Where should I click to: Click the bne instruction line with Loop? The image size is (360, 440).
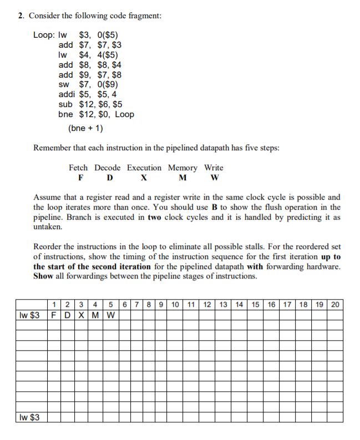[x=95, y=115]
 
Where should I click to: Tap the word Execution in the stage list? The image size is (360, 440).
[x=144, y=168]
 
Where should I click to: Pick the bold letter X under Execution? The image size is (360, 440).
[x=144, y=178]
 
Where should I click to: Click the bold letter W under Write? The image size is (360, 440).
[x=215, y=178]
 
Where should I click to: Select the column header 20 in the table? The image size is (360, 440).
[x=336, y=304]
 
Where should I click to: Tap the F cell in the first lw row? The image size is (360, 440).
[x=53, y=316]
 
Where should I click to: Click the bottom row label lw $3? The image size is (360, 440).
[x=29, y=417]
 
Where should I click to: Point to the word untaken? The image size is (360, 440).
[x=48, y=227]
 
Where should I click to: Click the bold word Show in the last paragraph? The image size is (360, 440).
[x=44, y=276]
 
